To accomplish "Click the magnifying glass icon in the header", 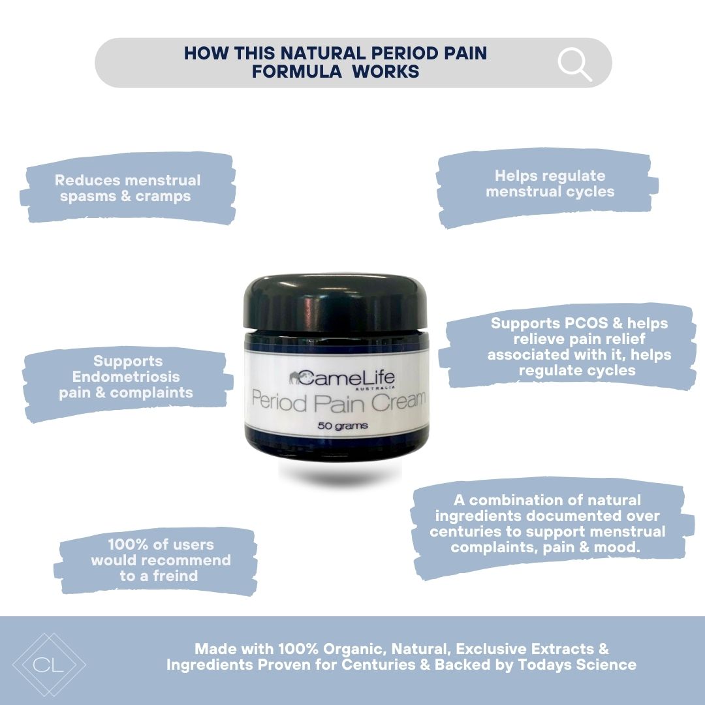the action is pyautogui.click(x=574, y=64).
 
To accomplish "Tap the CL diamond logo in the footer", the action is pyautogui.click(x=49, y=665).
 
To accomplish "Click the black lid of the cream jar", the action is pyautogui.click(x=335, y=303).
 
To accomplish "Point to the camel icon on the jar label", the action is pyautogui.click(x=296, y=378).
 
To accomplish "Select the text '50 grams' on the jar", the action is pyautogui.click(x=343, y=426).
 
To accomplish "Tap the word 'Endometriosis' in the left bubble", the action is pyautogui.click(x=126, y=377).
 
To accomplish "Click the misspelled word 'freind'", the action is pyautogui.click(x=176, y=576).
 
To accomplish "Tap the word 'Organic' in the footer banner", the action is pyautogui.click(x=354, y=650).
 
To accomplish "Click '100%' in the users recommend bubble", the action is pyautogui.click(x=128, y=544).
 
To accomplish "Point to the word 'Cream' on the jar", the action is pyautogui.click(x=398, y=401).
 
